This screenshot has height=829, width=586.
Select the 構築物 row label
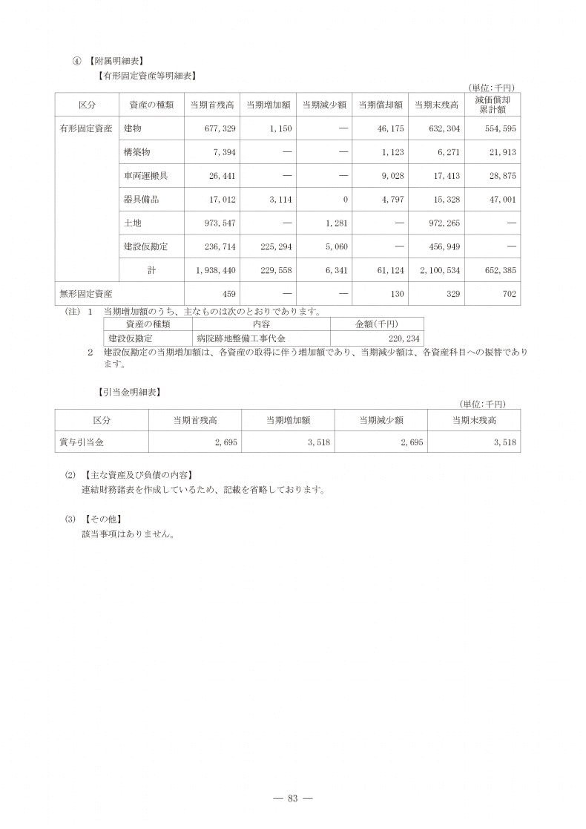137,152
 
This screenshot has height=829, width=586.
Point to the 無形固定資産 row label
85,294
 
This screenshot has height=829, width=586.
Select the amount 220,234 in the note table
404,338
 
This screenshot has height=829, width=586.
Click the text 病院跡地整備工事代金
229,338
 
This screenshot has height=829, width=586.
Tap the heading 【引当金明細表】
129,391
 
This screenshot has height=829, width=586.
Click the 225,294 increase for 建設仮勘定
275,246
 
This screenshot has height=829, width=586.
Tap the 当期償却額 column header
381,105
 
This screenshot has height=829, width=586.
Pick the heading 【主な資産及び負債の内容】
140,474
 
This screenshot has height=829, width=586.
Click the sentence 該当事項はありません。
128,533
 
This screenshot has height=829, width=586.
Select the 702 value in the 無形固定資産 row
508,294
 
